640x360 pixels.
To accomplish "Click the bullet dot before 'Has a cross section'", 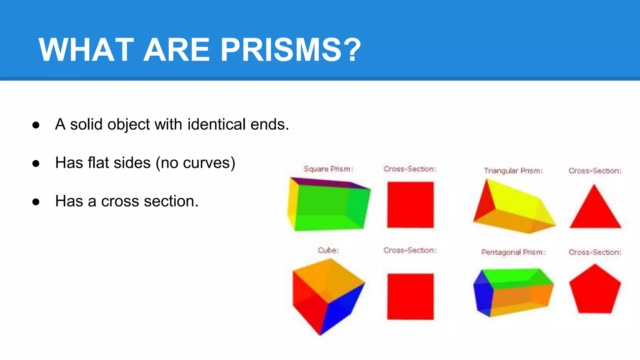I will coord(36,202).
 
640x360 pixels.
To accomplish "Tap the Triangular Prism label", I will coord(513,171).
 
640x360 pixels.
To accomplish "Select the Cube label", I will coord(328,250).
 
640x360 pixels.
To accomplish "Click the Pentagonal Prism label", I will coord(513,252).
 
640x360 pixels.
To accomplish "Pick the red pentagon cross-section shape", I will coord(595,290).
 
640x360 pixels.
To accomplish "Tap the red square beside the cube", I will coord(410,297).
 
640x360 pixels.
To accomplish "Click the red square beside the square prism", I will coord(410,205).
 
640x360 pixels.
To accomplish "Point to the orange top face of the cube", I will coord(328,278).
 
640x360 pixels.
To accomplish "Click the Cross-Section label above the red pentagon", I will coord(595,252).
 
